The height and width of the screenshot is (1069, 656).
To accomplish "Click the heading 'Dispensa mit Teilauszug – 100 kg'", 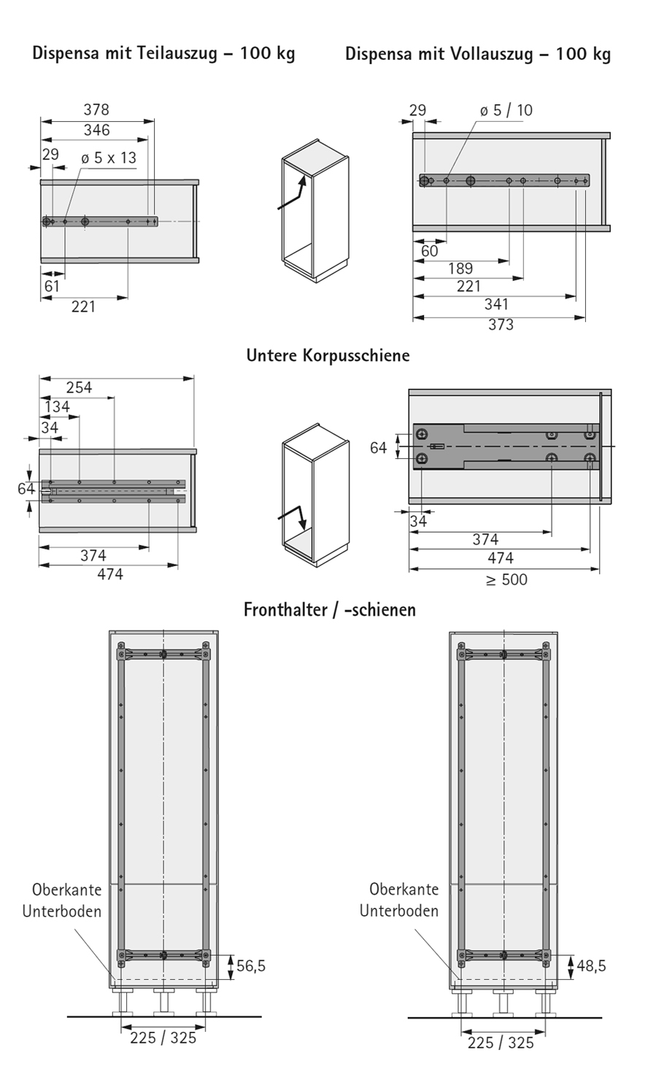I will (163, 54).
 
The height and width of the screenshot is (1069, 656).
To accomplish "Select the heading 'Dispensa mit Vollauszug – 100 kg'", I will (478, 54).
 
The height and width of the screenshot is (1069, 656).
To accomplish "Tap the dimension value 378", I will (96, 109).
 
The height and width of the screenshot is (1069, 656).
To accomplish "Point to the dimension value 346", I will (96, 130).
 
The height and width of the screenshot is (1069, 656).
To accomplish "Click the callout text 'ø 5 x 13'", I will (109, 158).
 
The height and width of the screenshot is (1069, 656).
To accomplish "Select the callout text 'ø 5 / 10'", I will (506, 110).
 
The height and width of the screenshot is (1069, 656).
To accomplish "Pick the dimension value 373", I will (501, 325).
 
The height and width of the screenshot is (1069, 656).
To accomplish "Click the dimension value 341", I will (496, 304).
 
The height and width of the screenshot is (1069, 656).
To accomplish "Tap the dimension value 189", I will (460, 269).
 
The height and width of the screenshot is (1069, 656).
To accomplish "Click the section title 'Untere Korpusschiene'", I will (328, 355).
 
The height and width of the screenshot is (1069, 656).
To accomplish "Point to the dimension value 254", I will (79, 387).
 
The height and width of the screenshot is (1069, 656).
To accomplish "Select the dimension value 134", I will (58, 406).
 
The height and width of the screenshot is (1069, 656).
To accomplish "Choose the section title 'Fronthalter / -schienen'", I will (330, 609).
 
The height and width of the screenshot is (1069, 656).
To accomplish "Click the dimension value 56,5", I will (251, 966).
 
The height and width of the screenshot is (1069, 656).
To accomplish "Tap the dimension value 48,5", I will (591, 966).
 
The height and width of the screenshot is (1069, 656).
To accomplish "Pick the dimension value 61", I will (52, 286).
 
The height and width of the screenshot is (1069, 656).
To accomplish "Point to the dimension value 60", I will (430, 251).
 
